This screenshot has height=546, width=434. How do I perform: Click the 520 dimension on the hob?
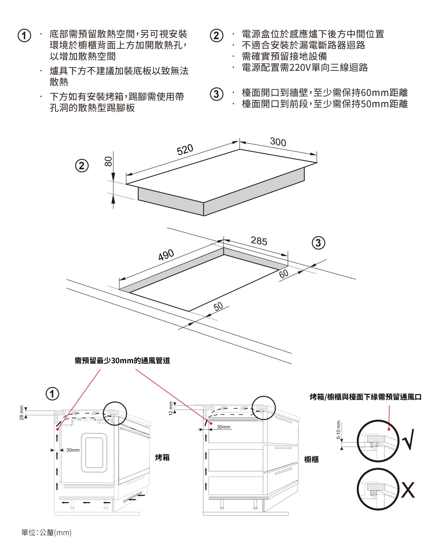point(185,149)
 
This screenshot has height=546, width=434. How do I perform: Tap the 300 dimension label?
point(278,142)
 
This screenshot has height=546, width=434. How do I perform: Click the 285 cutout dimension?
point(259,241)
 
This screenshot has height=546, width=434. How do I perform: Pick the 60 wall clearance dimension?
point(284,274)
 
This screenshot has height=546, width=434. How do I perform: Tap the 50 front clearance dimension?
point(218,306)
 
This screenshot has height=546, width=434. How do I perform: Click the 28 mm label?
point(21,413)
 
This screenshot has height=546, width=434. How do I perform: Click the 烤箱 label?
point(162,457)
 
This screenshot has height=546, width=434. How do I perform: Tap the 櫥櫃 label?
point(311,459)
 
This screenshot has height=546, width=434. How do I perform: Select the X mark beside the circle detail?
point(408,490)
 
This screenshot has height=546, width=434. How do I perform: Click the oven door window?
point(94,452)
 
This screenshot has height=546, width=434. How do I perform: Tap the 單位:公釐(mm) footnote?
point(46,532)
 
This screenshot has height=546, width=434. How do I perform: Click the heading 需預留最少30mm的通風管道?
point(122,360)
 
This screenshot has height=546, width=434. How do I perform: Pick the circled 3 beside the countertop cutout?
point(318,243)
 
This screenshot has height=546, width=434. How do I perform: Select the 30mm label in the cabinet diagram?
point(224,427)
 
